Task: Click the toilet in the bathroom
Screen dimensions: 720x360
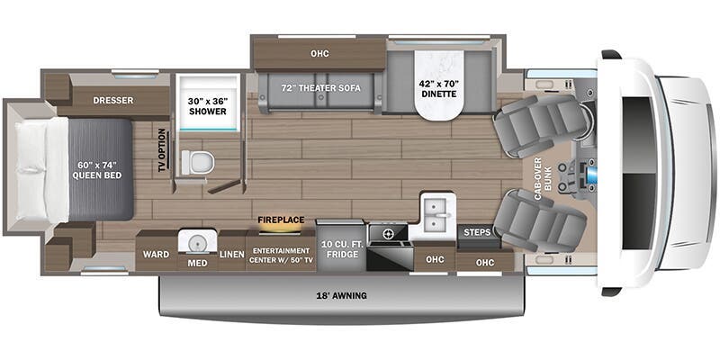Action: pos(198,162)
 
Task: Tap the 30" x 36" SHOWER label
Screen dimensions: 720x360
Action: pos(208,106)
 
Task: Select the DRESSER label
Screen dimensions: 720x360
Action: pos(112,100)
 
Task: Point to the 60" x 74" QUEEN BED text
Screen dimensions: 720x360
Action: pos(99,170)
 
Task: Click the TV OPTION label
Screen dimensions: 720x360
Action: pos(162,150)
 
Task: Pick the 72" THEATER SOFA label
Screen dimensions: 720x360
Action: pos(320,88)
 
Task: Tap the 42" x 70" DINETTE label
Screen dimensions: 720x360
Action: pos(437,89)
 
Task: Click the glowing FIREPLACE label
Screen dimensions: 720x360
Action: pos(281,220)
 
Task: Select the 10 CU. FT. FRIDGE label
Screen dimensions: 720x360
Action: pos(342,249)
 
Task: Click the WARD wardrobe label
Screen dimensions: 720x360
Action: pos(156,255)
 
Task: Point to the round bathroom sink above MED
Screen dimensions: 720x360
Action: pos(197,241)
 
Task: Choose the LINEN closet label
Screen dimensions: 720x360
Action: pos(232,255)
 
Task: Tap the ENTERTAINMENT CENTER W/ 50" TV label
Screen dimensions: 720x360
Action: pos(281,255)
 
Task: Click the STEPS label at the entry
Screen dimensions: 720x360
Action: pos(477,232)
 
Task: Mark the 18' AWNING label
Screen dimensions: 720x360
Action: pos(340,296)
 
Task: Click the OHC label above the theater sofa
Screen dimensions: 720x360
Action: pos(319,54)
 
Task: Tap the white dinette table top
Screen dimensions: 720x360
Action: pos(438,85)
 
